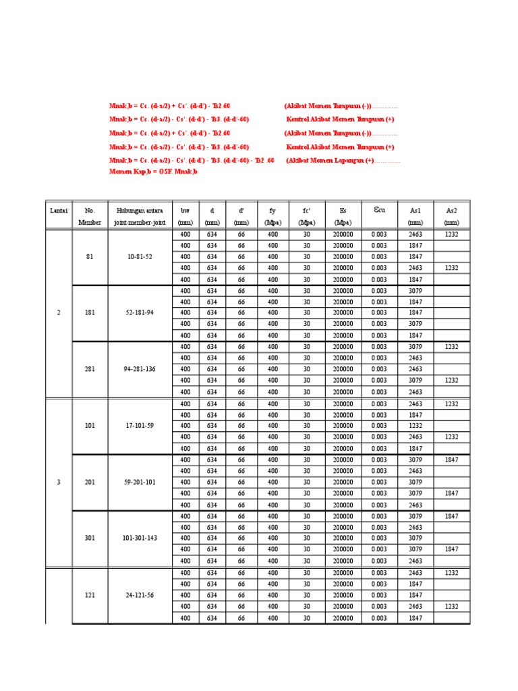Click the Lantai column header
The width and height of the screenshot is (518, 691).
coord(59,211)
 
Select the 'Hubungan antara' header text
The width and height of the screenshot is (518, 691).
coord(140,211)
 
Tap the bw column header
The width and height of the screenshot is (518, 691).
coord(185,211)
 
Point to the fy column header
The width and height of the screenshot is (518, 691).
coord(272,211)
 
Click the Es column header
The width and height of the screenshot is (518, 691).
coord(343,211)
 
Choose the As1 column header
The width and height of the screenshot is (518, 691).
coord(415,211)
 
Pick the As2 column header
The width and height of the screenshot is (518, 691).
coord(452,211)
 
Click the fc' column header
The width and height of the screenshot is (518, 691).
coord(306,211)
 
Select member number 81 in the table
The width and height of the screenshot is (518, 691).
coord(90,256)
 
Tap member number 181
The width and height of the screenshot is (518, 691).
coord(90,313)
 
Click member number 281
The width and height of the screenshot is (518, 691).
coord(90,369)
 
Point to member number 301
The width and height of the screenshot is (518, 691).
coord(90,538)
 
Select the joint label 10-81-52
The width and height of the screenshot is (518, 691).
coord(140,256)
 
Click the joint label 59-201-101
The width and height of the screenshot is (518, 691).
coord(140,482)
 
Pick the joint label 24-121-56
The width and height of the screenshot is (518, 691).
coord(140,595)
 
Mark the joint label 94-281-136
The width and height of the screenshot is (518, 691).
coord(140,369)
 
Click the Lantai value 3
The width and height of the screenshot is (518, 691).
coord(59,482)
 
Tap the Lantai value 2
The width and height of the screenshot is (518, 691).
coord(59,313)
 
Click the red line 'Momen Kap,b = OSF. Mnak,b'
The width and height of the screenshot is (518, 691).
coord(153,172)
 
